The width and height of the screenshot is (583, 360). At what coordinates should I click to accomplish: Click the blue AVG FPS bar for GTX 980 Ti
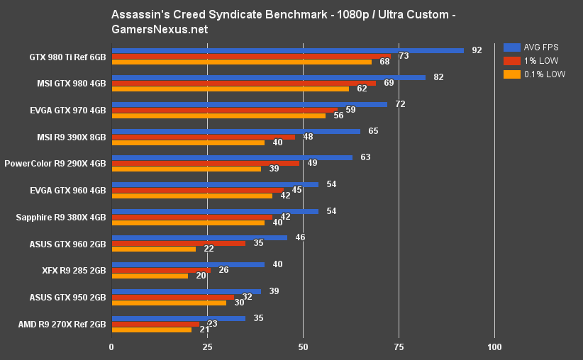287,50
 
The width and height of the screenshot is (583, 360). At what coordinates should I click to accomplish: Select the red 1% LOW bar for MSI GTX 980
244,83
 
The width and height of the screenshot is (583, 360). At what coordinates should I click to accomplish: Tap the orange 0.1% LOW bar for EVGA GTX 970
218,116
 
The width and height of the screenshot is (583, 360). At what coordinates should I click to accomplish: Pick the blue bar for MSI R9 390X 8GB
235,131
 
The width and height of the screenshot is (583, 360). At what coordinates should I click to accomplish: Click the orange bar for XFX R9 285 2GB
150,276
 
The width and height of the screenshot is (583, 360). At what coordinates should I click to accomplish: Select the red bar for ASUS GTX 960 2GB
179,243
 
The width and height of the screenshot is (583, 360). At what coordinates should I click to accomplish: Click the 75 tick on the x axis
399,347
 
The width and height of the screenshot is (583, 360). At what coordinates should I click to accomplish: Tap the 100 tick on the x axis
494,347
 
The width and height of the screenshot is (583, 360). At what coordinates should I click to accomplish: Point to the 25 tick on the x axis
207,347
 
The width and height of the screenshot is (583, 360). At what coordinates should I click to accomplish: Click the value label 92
477,50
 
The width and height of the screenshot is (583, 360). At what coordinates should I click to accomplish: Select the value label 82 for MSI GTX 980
438,77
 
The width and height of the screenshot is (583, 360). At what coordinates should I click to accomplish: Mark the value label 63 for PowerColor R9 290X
365,157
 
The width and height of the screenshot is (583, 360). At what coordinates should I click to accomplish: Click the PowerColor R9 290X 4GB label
55,164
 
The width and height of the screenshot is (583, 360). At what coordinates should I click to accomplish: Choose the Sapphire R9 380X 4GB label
61,218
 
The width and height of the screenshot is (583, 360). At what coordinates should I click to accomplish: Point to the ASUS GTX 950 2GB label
68,298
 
